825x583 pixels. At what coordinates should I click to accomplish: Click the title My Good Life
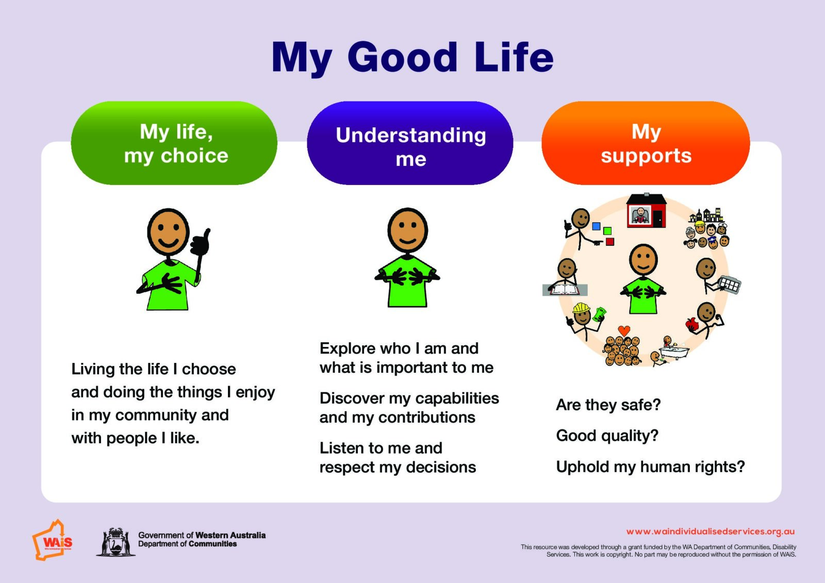[412, 58]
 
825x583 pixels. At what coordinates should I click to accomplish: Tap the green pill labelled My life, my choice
[174, 143]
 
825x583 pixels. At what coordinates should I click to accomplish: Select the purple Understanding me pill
[410, 143]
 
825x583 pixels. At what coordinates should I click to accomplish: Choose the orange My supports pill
[646, 143]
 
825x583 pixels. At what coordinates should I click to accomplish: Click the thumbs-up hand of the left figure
[201, 242]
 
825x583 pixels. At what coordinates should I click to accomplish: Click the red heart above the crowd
[624, 330]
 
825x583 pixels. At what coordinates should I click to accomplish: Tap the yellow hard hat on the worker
[581, 308]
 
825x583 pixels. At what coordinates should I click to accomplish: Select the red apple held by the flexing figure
[691, 324]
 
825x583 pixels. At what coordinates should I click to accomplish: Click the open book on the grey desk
[564, 290]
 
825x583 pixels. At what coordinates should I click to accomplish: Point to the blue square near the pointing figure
[596, 226]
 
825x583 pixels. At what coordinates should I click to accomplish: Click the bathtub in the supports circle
[674, 352]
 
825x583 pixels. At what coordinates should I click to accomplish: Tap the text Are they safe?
[608, 405]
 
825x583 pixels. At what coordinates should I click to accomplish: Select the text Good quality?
[607, 436]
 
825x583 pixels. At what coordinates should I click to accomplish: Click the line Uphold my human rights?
[650, 467]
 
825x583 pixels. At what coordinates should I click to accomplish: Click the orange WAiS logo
[52, 540]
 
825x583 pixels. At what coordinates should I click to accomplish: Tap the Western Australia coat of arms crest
[115, 542]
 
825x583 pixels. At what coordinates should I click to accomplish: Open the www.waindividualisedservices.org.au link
[710, 531]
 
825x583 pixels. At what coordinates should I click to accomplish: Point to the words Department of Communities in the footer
[188, 544]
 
